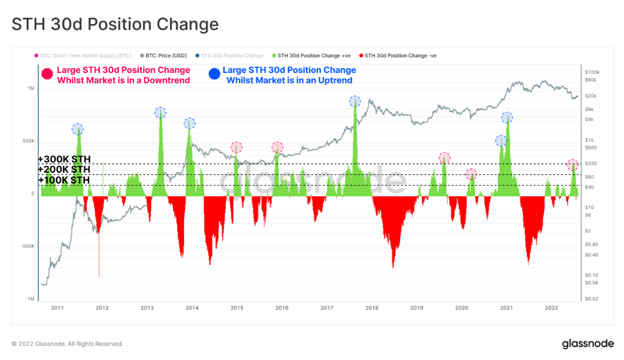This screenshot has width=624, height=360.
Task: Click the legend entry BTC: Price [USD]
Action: (166, 55)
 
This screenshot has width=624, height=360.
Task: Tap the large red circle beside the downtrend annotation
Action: (47, 73)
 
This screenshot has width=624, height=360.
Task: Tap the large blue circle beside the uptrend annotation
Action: (214, 73)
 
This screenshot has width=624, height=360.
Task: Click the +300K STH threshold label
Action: (64, 159)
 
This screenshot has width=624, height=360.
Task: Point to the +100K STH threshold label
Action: (64, 181)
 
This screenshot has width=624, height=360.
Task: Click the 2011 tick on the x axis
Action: (57, 308)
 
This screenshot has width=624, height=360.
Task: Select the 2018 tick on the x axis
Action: (372, 308)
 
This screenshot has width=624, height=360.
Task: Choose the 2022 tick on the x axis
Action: (551, 308)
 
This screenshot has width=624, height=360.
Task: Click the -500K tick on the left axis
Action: (28, 247)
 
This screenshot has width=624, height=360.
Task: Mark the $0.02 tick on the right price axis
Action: (593, 298)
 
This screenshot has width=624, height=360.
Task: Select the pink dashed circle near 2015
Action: (236, 147)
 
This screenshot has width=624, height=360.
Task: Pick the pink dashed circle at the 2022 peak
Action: (573, 165)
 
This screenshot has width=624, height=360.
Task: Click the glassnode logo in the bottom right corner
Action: (586, 344)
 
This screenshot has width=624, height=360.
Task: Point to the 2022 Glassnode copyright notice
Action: (67, 344)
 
